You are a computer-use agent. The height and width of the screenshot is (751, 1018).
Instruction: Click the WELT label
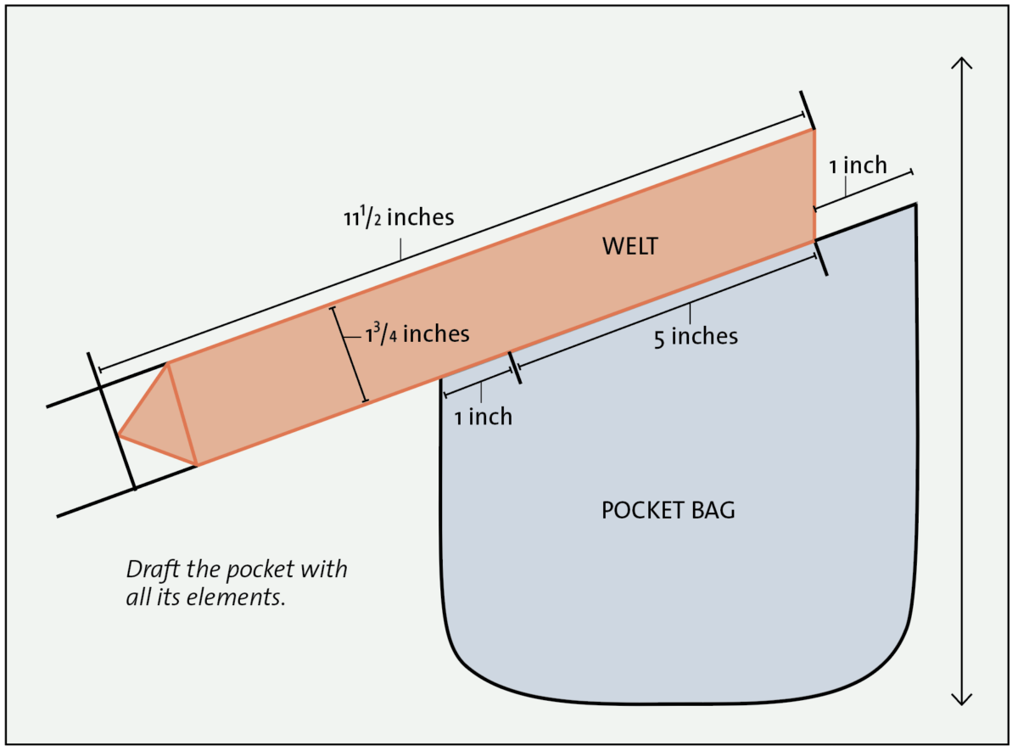(630, 246)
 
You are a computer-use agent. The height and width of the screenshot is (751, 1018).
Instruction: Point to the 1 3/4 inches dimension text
(417, 333)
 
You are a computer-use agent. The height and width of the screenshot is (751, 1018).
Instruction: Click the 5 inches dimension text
(696, 336)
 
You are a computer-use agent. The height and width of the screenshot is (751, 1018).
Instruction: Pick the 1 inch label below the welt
(483, 417)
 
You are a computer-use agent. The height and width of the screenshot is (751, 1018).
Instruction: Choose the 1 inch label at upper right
(858, 165)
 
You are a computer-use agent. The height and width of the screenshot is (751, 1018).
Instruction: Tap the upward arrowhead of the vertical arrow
(961, 64)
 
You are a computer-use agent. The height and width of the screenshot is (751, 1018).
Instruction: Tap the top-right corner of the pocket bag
(915, 205)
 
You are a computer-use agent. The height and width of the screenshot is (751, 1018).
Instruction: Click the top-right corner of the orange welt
(814, 130)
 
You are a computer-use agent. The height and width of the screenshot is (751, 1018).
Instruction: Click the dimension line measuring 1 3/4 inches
(349, 354)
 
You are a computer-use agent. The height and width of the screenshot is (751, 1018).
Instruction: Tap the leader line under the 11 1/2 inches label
(401, 247)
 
